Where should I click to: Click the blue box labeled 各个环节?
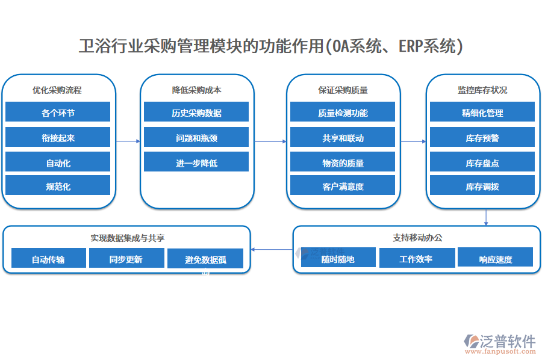point(58,113)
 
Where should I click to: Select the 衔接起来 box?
point(58,138)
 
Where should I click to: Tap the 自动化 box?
point(58,163)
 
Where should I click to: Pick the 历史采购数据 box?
point(196,113)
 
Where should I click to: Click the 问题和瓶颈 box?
point(196,138)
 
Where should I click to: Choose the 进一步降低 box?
point(196,163)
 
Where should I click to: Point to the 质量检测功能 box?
point(343,113)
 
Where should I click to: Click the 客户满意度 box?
point(343,187)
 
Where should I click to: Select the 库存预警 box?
point(482,138)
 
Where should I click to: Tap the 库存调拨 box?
point(482,187)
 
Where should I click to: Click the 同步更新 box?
point(126,259)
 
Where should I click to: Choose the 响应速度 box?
point(495,259)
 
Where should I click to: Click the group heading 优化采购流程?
point(58,90)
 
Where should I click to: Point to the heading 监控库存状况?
point(482,90)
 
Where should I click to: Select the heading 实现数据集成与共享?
point(126,238)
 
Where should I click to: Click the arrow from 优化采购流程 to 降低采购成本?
point(128,141)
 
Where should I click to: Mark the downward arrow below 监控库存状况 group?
point(485,217)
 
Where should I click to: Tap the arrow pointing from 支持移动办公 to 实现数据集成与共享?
point(272,249)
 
